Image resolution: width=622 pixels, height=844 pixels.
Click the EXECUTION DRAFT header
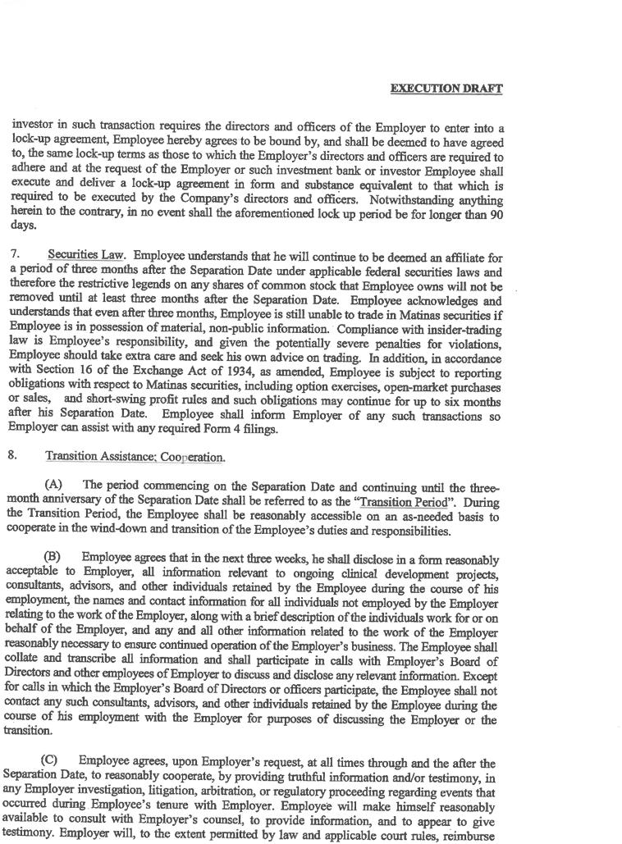pos(446,89)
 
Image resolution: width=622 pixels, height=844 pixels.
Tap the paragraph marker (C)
pos(49,761)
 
